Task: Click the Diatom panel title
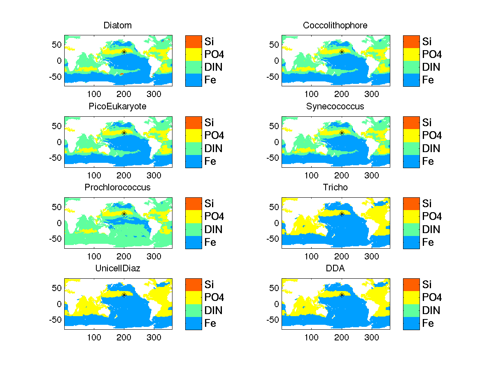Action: click(118, 25)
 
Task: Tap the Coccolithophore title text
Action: click(335, 25)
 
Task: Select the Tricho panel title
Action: click(335, 187)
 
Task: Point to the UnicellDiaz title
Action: click(118, 268)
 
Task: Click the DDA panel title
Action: click(335, 268)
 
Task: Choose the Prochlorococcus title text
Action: click(118, 187)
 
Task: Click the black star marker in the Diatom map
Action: click(124, 52)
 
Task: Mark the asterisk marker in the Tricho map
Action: click(342, 214)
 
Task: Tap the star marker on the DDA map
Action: click(342, 295)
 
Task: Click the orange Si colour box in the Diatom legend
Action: click(193, 41)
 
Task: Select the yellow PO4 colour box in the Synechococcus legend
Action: click(411, 135)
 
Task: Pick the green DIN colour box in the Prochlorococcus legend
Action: click(193, 229)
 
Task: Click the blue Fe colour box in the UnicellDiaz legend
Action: click(193, 323)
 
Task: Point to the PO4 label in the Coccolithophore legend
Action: click(432, 54)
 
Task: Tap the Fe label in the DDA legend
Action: click(428, 324)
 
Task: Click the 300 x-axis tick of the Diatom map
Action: click(154, 94)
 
